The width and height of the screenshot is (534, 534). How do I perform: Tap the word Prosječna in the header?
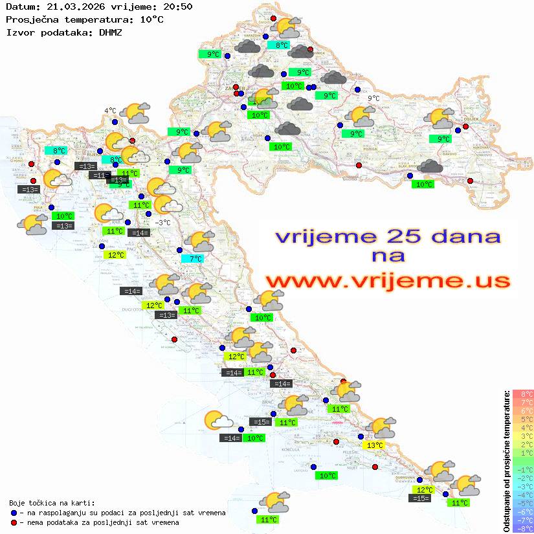coord(29,19)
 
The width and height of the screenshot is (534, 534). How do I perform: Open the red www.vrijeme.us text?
coord(387,280)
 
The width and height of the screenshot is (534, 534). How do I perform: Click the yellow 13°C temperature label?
coord(375,445)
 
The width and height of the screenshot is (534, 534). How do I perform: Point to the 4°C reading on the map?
coord(110,111)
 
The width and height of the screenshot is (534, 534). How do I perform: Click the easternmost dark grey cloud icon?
coord(430,167)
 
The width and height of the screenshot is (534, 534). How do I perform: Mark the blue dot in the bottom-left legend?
coord(14,513)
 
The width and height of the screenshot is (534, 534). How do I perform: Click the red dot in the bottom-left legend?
coord(14,522)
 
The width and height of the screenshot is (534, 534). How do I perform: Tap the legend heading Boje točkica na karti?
coord(52,502)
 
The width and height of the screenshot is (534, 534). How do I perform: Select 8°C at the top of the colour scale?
coord(523,394)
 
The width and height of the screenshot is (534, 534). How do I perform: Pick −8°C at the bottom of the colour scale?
coord(523,529)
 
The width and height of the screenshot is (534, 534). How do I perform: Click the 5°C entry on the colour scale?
coord(523,419)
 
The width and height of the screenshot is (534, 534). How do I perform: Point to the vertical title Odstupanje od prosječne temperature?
coord(506,461)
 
